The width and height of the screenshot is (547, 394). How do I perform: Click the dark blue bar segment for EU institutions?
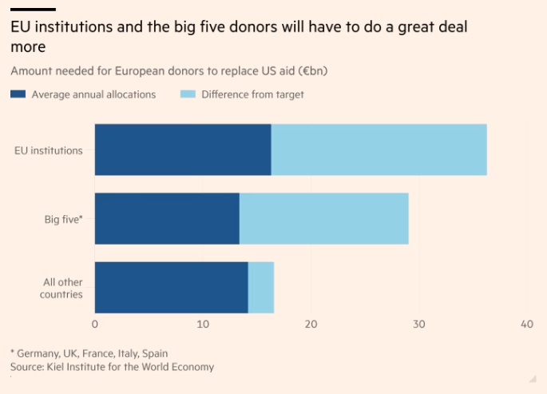(x=183, y=149)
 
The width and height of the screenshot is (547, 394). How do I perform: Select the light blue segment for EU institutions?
(x=379, y=149)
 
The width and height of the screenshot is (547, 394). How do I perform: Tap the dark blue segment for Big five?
(x=167, y=218)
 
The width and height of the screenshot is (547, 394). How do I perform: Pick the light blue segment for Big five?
(x=323, y=218)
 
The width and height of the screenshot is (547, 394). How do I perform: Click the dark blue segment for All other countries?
(x=171, y=288)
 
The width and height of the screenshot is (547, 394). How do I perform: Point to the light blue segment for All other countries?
(x=261, y=288)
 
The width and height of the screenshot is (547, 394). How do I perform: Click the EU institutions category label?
(x=49, y=150)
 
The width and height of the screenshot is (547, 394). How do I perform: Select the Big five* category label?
(x=63, y=219)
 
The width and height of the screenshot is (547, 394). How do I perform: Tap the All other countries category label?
(x=61, y=288)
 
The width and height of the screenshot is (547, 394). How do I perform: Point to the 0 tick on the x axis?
(x=95, y=324)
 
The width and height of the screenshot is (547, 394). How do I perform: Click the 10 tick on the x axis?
(x=203, y=324)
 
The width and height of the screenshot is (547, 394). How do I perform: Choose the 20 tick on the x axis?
(x=311, y=324)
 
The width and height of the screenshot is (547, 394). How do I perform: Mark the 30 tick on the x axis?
(x=418, y=324)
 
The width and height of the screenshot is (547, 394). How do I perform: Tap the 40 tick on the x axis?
(x=526, y=324)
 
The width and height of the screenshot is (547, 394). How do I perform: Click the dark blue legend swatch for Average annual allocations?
(x=18, y=94)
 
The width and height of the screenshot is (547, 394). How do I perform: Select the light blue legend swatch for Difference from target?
(x=187, y=94)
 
